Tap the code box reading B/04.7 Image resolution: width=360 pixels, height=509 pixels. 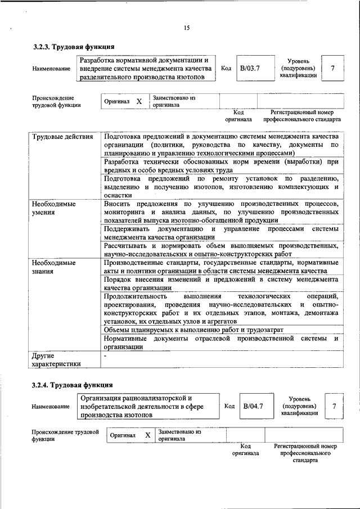click(253, 406)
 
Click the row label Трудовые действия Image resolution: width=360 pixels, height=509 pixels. click(63, 137)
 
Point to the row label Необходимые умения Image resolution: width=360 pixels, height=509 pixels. click(53, 208)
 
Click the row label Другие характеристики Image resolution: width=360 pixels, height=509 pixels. click(57, 359)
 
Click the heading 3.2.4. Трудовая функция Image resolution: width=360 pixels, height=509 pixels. click(74, 385)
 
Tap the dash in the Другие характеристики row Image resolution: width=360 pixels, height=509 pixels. click(105, 356)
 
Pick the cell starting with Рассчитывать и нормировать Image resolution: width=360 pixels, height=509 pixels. click(221, 250)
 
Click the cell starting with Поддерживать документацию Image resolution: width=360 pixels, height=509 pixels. click(221, 233)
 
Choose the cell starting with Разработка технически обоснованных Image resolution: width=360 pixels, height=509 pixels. click(221, 166)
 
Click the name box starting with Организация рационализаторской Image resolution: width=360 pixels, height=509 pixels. click(148, 406)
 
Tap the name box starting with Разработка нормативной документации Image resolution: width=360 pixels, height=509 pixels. click(146, 68)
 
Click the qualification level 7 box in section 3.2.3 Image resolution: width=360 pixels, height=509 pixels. click(332, 69)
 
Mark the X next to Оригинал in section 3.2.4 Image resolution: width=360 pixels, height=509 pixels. click(147, 435)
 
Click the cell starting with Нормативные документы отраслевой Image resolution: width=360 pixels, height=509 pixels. click(221, 343)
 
